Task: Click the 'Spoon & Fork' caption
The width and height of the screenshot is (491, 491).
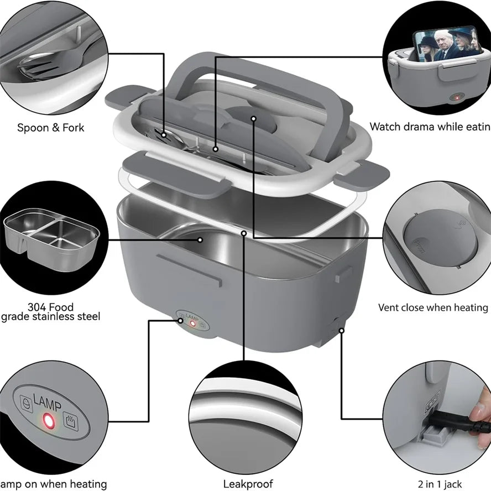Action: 50,128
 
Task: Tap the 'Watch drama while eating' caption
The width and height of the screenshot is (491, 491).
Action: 430,127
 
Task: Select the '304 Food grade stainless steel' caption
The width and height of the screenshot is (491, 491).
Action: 50,312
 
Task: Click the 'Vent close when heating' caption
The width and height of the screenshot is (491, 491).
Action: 433,307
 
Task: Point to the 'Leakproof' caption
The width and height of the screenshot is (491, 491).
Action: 248,484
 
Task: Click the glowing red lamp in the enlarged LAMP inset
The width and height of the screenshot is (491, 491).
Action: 48,422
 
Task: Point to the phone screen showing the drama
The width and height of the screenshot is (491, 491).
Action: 442,44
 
